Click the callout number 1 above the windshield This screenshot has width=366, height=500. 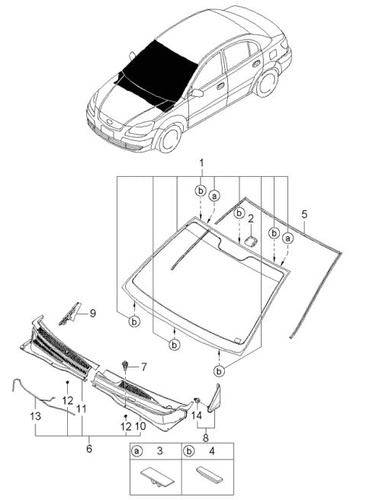pos(201,163)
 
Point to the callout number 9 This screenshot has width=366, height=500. pos(92,312)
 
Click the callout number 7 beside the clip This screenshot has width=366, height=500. pos(140,367)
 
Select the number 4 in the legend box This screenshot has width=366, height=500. pos(210,451)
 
